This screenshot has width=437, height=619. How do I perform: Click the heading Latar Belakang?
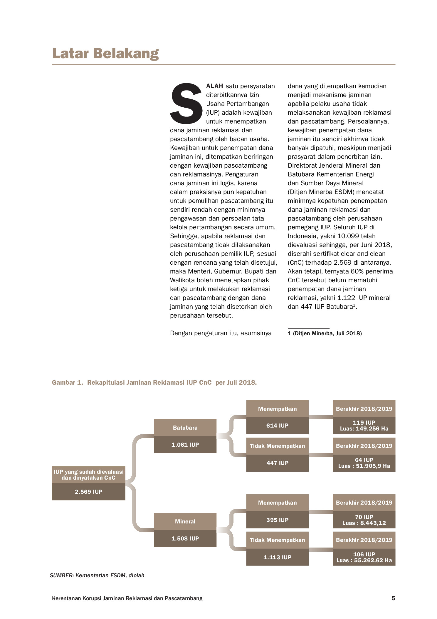[105, 54]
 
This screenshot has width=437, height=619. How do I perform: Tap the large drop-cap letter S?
[186, 104]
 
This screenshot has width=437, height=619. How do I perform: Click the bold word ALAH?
[214, 86]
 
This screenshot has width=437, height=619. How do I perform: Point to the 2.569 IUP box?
[88, 492]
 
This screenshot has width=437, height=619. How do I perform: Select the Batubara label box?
[185, 428]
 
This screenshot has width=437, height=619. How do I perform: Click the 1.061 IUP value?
[185, 445]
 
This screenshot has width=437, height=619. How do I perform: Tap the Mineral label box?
[185, 521]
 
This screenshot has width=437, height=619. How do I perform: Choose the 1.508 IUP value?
[185, 538]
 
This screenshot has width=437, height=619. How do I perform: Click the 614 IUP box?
[277, 426]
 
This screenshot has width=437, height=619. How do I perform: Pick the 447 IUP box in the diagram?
[277, 463]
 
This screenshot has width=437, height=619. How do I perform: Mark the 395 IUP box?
[277, 520]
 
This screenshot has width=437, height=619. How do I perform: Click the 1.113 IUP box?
[277, 557]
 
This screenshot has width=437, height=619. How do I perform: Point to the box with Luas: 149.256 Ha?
[364, 426]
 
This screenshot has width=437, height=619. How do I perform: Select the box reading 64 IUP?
[364, 463]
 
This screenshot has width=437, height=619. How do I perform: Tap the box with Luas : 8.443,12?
[364, 520]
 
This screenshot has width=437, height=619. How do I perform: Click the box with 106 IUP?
[364, 557]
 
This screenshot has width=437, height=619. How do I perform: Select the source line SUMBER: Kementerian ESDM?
[97, 575]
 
